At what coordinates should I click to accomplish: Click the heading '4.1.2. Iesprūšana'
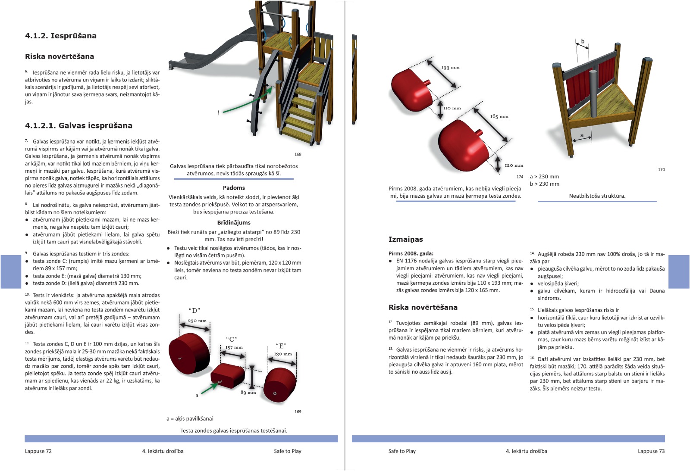click(x=61, y=36)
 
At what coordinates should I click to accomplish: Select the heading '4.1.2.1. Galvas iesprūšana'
click(x=78, y=126)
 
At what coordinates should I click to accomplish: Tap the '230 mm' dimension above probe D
click(x=197, y=321)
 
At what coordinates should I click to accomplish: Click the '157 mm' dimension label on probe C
click(x=234, y=347)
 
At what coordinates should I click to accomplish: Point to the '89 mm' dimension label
click(x=248, y=393)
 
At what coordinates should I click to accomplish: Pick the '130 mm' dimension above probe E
click(x=283, y=354)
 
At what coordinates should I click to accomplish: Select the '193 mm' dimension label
click(x=450, y=68)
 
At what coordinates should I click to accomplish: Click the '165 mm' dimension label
click(x=499, y=116)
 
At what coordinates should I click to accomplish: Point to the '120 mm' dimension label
click(x=514, y=165)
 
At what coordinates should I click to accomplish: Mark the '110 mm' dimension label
click(x=452, y=108)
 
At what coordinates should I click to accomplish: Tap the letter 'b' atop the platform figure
click(x=583, y=42)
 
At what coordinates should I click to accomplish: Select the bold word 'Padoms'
click(x=234, y=188)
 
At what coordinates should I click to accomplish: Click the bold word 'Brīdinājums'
click(x=234, y=223)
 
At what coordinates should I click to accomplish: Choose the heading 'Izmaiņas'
click(x=405, y=239)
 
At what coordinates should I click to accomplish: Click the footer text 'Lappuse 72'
click(x=38, y=451)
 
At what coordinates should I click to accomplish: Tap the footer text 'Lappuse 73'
click(x=651, y=451)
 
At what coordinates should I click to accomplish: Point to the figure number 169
click(x=298, y=412)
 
